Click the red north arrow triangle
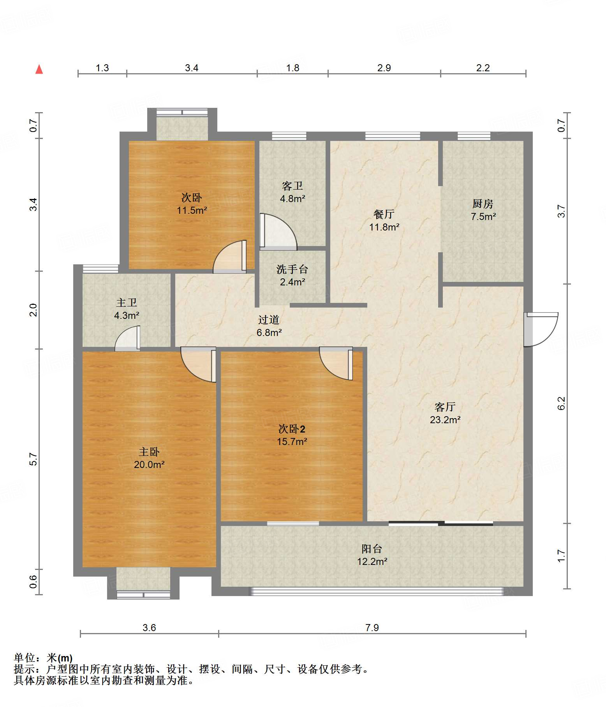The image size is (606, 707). pos(39,69)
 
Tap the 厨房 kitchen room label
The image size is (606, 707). pos(483,204)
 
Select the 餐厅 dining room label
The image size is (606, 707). pos(384,214)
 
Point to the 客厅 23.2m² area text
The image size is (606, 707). pos(445,420)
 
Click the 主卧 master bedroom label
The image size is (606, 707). pos(149,452)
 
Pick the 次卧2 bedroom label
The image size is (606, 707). pos(292,429)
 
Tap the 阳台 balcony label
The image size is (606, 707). pos(372,549)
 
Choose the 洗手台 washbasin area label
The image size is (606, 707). pos(292,269)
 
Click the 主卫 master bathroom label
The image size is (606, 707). pos(127,302)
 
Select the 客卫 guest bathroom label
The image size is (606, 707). pos(292,186)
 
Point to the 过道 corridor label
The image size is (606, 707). pos(269,320)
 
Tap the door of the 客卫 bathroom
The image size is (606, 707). pos(278,232)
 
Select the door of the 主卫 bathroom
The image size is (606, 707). pos(127,338)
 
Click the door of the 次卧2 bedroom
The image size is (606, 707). pos(336,363)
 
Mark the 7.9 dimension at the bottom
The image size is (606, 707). pos(372,628)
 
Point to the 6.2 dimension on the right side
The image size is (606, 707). pos(561,403)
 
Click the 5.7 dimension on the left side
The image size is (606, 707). pos(33,459)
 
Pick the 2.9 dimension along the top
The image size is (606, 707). pos(384,68)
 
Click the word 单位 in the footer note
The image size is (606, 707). pos(25,658)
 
